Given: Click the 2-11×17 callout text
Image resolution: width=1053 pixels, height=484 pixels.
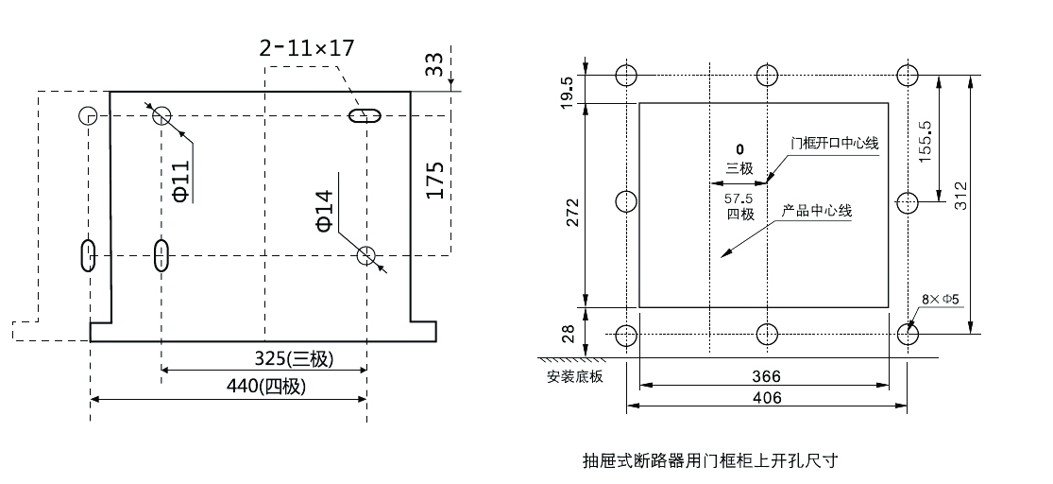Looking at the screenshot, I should coord(307,47).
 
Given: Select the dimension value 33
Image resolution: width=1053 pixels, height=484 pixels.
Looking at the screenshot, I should coord(433,64).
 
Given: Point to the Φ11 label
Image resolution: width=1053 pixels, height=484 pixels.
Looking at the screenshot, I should coord(181,181).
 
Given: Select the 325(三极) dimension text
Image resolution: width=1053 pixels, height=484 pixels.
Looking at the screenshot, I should coord(295,359).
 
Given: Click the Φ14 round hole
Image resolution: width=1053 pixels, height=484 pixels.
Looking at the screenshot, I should coord(366,254).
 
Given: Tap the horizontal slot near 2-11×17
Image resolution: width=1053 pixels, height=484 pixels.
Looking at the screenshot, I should coord(365,116).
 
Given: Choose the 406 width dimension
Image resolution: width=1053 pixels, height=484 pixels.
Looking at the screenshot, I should coord(766,398).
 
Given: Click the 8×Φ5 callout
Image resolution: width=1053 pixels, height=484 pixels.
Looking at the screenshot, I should coord(941,301).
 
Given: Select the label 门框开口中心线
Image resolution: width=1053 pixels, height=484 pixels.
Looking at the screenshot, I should coord(835,144).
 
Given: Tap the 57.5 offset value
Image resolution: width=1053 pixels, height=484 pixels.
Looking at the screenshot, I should coord(739,199).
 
